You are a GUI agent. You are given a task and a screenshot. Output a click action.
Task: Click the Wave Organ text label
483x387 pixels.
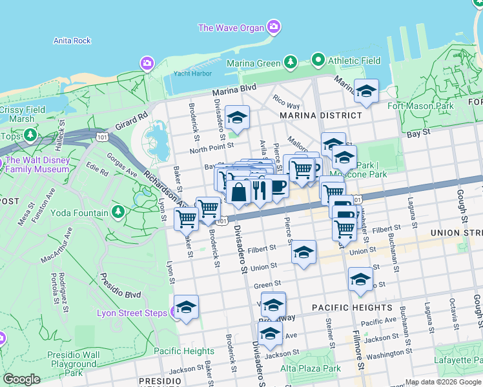pyautogui.click(x=231, y=28)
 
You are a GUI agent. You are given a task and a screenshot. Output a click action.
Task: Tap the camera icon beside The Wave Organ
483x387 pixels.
pyautogui.click(x=274, y=27)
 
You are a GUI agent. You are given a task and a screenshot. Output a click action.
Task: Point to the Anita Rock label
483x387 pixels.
pyautogui.click(x=72, y=41)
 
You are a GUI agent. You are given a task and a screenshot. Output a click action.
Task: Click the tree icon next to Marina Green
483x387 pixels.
pyautogui.click(x=291, y=62)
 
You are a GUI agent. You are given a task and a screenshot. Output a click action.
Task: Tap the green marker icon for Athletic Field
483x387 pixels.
pyautogui.click(x=318, y=61)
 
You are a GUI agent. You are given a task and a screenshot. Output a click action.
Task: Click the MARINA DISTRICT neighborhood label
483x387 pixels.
pyautogui.click(x=321, y=115)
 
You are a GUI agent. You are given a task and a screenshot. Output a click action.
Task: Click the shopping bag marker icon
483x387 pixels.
pyautogui.click(x=238, y=192)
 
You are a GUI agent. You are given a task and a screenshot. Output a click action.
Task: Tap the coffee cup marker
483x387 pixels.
pyautogui.click(x=278, y=187)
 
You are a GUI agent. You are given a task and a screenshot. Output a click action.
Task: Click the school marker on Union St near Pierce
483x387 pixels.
pyautogui.click(x=303, y=253)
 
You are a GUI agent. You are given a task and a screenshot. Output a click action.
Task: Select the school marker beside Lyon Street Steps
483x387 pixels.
pyautogui.click(x=186, y=307)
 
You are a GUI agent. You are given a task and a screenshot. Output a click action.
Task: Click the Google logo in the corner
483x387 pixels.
pyautogui.click(x=21, y=379)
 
